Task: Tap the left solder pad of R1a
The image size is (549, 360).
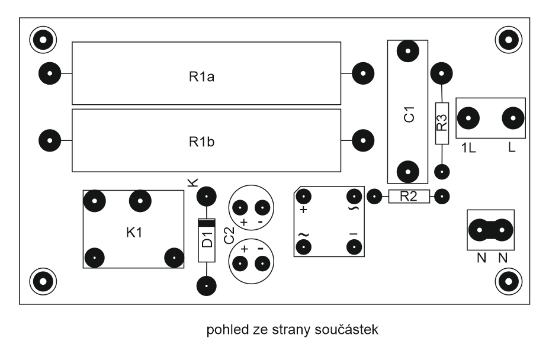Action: [50, 74]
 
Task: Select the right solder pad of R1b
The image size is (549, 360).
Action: [362, 141]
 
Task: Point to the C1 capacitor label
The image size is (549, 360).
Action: [409, 114]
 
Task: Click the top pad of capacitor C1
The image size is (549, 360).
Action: [407, 52]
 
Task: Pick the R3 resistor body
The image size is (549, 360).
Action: [441, 123]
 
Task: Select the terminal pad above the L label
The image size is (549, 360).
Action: [512, 118]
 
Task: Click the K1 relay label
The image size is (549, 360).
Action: [134, 233]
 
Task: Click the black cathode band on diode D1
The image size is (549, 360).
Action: [206, 224]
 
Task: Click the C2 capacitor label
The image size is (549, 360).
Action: [228, 236]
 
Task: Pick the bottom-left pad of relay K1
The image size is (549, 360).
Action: [95, 258]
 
